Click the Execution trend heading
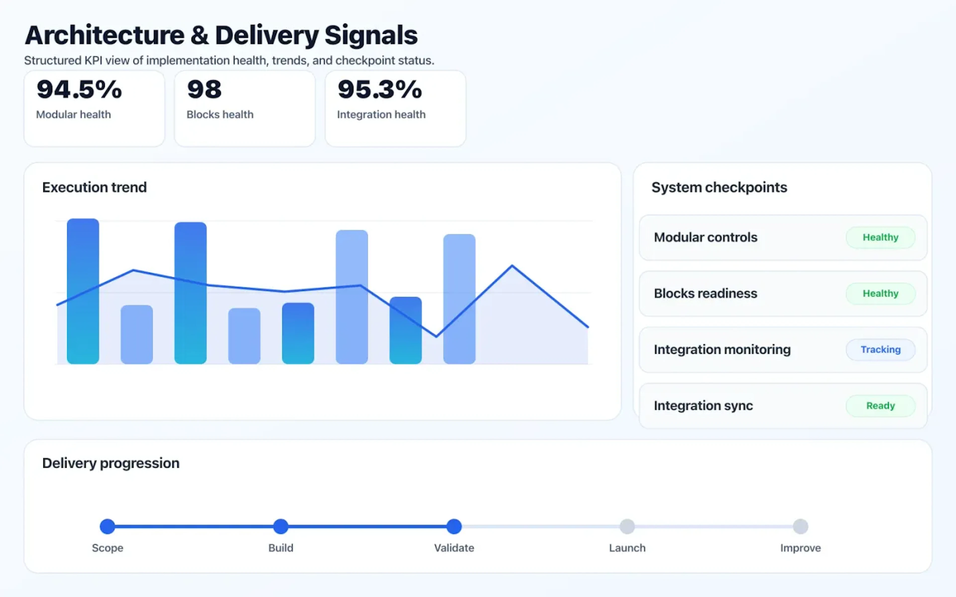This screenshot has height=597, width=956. coord(94,187)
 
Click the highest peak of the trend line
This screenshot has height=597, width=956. coord(512,266)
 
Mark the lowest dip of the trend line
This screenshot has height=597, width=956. coord(436,336)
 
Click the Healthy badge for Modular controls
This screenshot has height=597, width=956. coord(880,237)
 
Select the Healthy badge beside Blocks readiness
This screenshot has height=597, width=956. coord(880,293)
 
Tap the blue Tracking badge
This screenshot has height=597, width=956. coord(880,349)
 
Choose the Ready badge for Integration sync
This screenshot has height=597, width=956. coord(880,405)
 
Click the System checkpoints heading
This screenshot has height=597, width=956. coord(719,187)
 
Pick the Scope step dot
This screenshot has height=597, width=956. coord(108,526)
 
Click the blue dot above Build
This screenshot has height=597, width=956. coord(281,526)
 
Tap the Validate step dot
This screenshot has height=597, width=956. coord(454,526)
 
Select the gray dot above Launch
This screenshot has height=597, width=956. coord(627,526)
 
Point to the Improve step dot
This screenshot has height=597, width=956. coord(800,526)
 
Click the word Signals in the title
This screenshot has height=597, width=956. coord(371,36)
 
